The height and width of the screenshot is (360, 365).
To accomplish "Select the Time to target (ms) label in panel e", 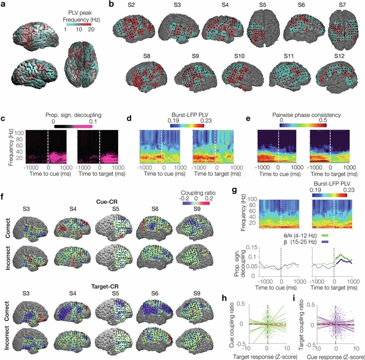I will [331, 175].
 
